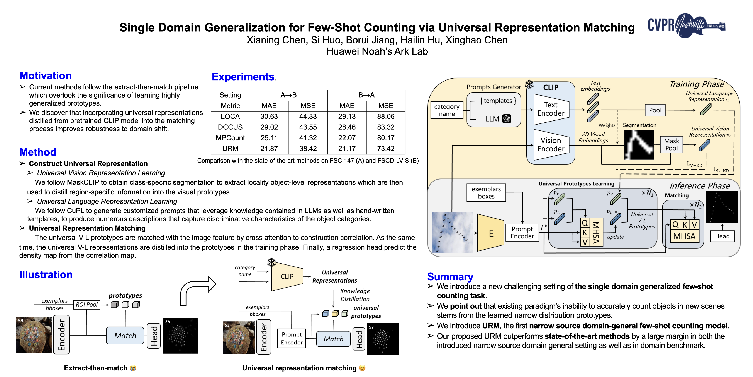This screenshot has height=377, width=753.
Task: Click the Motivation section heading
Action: coord(45,75)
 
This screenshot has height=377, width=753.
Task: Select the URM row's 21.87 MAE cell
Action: coord(269,149)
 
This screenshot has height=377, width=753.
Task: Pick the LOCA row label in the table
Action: coord(230,117)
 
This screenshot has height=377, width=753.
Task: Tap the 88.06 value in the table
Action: coord(386,117)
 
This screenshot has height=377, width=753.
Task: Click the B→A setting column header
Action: coord(366,95)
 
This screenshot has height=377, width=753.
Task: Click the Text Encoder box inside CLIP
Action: coord(551,109)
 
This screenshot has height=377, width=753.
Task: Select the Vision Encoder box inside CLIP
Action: coord(551,145)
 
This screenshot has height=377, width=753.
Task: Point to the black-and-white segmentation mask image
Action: coord(639,145)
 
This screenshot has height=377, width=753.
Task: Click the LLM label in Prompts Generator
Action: coord(492,119)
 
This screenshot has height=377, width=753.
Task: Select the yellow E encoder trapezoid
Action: coord(490,233)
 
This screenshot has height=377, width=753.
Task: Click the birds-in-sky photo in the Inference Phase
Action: coord(452,233)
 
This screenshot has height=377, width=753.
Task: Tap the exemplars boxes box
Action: coord(486,193)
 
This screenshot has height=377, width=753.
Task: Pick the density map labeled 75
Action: coord(180,335)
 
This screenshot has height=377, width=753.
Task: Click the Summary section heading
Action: coord(450,277)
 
